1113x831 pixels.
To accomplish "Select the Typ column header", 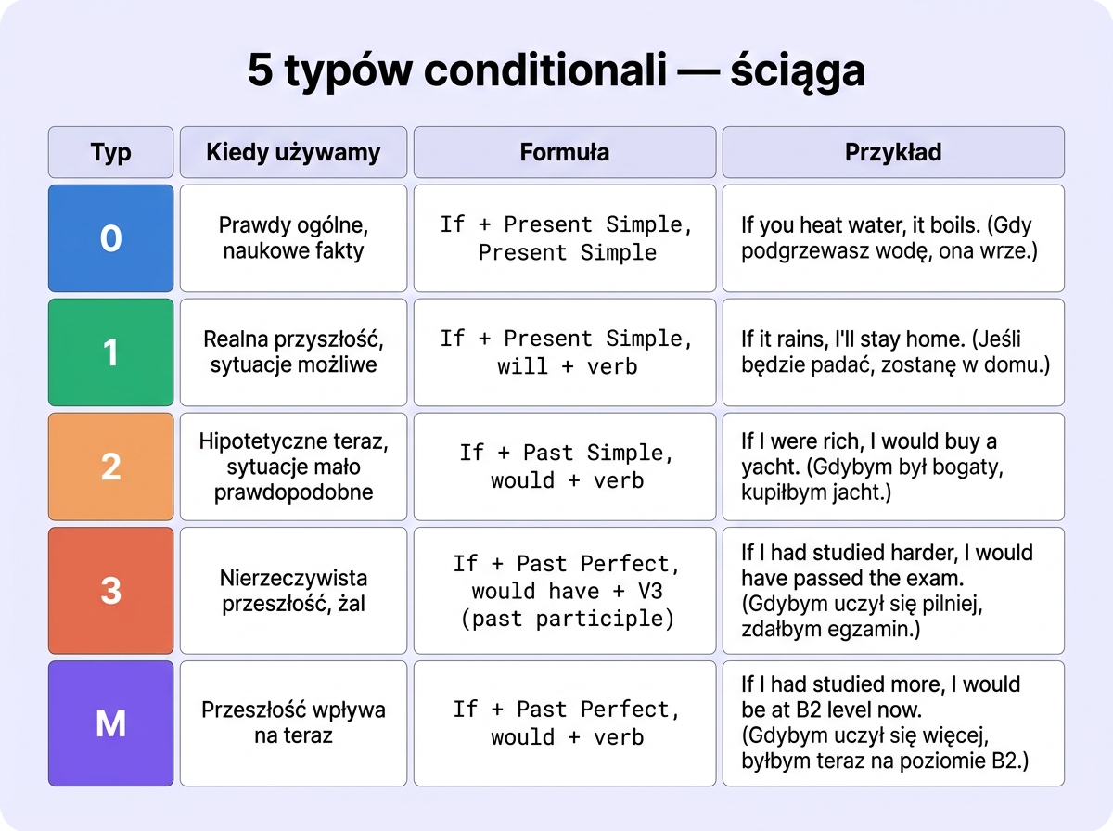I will [x=110, y=152].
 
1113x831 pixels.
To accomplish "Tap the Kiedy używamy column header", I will [x=293, y=152].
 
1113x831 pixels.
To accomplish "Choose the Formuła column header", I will [x=564, y=152].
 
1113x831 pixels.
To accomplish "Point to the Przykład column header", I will [x=892, y=152].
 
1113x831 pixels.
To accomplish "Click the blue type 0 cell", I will [x=110, y=238].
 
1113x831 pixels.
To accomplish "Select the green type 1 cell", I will [x=110, y=352].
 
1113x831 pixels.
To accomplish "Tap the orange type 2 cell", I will [x=110, y=467].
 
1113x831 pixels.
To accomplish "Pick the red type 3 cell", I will [x=110, y=590].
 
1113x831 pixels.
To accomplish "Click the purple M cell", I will [x=110, y=723].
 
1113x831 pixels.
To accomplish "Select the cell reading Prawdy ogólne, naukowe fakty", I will [x=293, y=238].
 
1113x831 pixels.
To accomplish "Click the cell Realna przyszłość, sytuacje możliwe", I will [x=293, y=352].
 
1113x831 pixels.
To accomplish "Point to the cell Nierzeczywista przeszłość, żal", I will [x=293, y=591].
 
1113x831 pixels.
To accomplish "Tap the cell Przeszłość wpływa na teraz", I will [x=293, y=723].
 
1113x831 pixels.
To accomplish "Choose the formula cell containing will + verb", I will [x=564, y=352].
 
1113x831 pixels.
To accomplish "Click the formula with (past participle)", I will [x=564, y=591].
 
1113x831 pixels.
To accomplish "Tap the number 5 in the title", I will [x=261, y=71].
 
